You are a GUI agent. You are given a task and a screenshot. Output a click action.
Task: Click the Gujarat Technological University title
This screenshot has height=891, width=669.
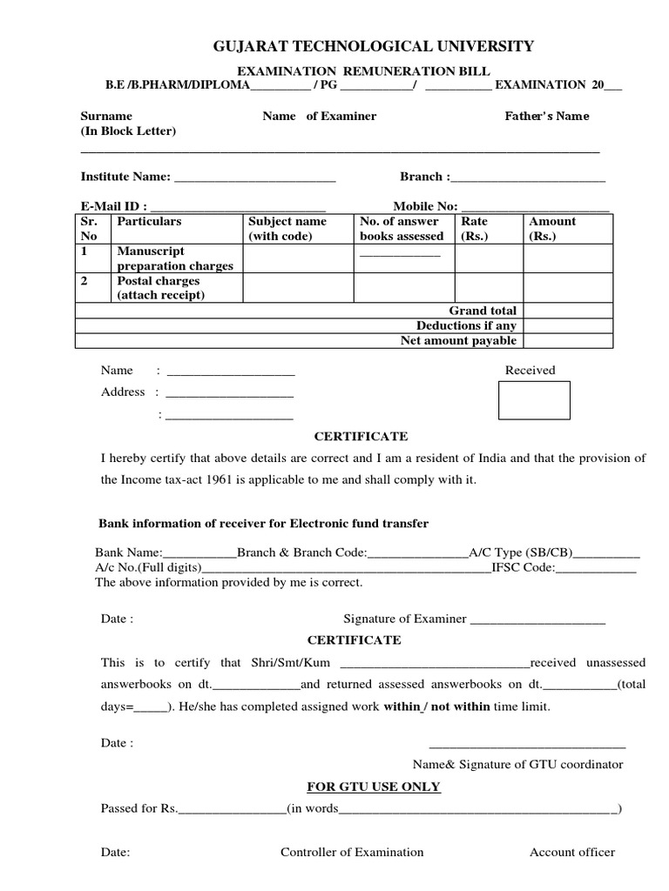click(375, 46)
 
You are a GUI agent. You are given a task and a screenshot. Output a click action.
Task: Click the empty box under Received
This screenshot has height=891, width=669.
click(534, 400)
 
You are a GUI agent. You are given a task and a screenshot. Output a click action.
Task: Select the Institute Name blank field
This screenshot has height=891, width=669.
click(254, 178)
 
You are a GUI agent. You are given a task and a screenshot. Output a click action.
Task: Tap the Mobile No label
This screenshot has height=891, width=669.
click(425, 206)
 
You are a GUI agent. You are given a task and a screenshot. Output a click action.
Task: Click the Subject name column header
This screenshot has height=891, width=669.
click(287, 229)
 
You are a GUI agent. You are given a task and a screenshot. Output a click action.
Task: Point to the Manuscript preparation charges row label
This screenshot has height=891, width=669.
click(174, 258)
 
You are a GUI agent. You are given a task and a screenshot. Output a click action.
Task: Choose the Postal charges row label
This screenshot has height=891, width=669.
click(160, 288)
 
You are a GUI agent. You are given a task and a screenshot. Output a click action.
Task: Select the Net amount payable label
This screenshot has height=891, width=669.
click(458, 340)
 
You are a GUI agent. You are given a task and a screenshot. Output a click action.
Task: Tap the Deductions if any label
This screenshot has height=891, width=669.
click(466, 325)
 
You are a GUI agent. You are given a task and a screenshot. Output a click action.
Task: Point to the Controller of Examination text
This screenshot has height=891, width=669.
click(352, 852)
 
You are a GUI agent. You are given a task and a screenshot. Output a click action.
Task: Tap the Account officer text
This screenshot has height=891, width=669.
click(572, 852)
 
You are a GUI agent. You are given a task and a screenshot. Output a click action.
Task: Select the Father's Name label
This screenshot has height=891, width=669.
click(547, 116)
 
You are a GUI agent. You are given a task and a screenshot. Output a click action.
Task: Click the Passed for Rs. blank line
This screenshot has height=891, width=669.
click(232, 810)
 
